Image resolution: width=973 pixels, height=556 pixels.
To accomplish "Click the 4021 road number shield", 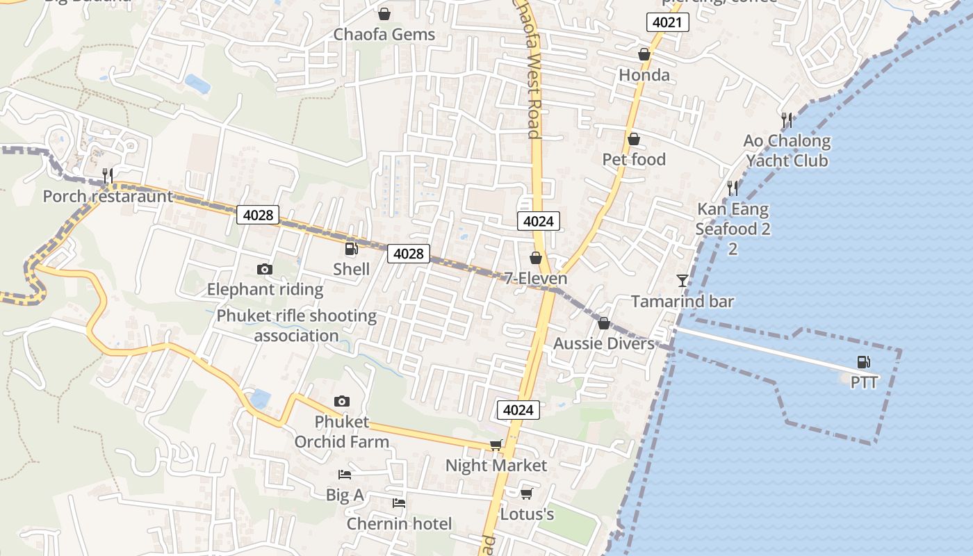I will [x=668, y=23].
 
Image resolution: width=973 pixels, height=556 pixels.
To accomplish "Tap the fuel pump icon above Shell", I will [x=351, y=249].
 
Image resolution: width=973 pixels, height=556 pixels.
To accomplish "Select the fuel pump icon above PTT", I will [x=863, y=361].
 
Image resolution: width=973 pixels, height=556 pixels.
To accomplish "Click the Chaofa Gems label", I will [x=384, y=35].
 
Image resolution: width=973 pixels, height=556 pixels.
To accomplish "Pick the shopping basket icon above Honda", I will [x=644, y=54].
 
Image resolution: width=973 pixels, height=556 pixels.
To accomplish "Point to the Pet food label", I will [x=634, y=160].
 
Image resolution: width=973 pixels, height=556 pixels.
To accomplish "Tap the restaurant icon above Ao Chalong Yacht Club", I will [x=787, y=120].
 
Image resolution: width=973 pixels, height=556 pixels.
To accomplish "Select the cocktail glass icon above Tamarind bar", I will [x=682, y=281].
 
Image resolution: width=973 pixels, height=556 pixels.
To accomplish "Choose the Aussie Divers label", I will [x=604, y=343].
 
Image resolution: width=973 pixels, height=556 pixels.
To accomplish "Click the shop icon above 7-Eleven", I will [x=535, y=259].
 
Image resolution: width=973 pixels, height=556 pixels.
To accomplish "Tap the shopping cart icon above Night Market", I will [x=496, y=445].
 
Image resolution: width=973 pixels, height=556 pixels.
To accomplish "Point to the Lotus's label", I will [x=527, y=514].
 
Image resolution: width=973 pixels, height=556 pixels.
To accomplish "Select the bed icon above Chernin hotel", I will [x=398, y=502].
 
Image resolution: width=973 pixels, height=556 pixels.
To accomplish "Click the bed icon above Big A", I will [x=344, y=475].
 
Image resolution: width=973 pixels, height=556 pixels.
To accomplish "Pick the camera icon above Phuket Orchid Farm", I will [x=341, y=401].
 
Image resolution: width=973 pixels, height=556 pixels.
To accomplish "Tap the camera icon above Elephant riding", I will [x=265, y=269].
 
